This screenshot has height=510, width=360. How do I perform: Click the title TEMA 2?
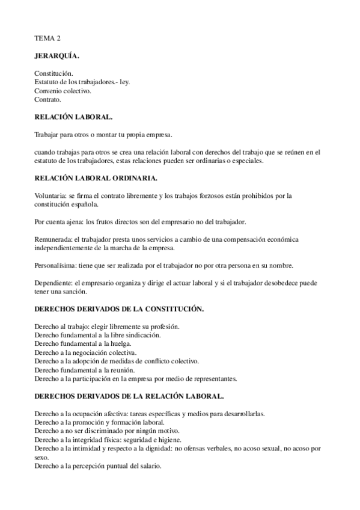46,38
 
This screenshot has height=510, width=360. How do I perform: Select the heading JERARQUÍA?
57,56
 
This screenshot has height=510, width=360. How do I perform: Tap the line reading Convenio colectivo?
63,91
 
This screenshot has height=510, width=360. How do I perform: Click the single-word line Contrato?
48,99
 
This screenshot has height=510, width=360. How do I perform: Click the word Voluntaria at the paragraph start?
50,196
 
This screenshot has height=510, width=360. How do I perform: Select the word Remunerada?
53,239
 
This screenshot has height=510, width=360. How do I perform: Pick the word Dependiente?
53,283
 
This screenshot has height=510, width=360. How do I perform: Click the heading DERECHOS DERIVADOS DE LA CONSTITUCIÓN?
119,309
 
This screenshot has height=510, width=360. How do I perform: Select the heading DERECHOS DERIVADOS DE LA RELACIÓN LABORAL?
129,396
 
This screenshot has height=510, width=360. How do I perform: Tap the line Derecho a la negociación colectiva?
86,352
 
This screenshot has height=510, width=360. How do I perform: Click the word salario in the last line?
150,466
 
